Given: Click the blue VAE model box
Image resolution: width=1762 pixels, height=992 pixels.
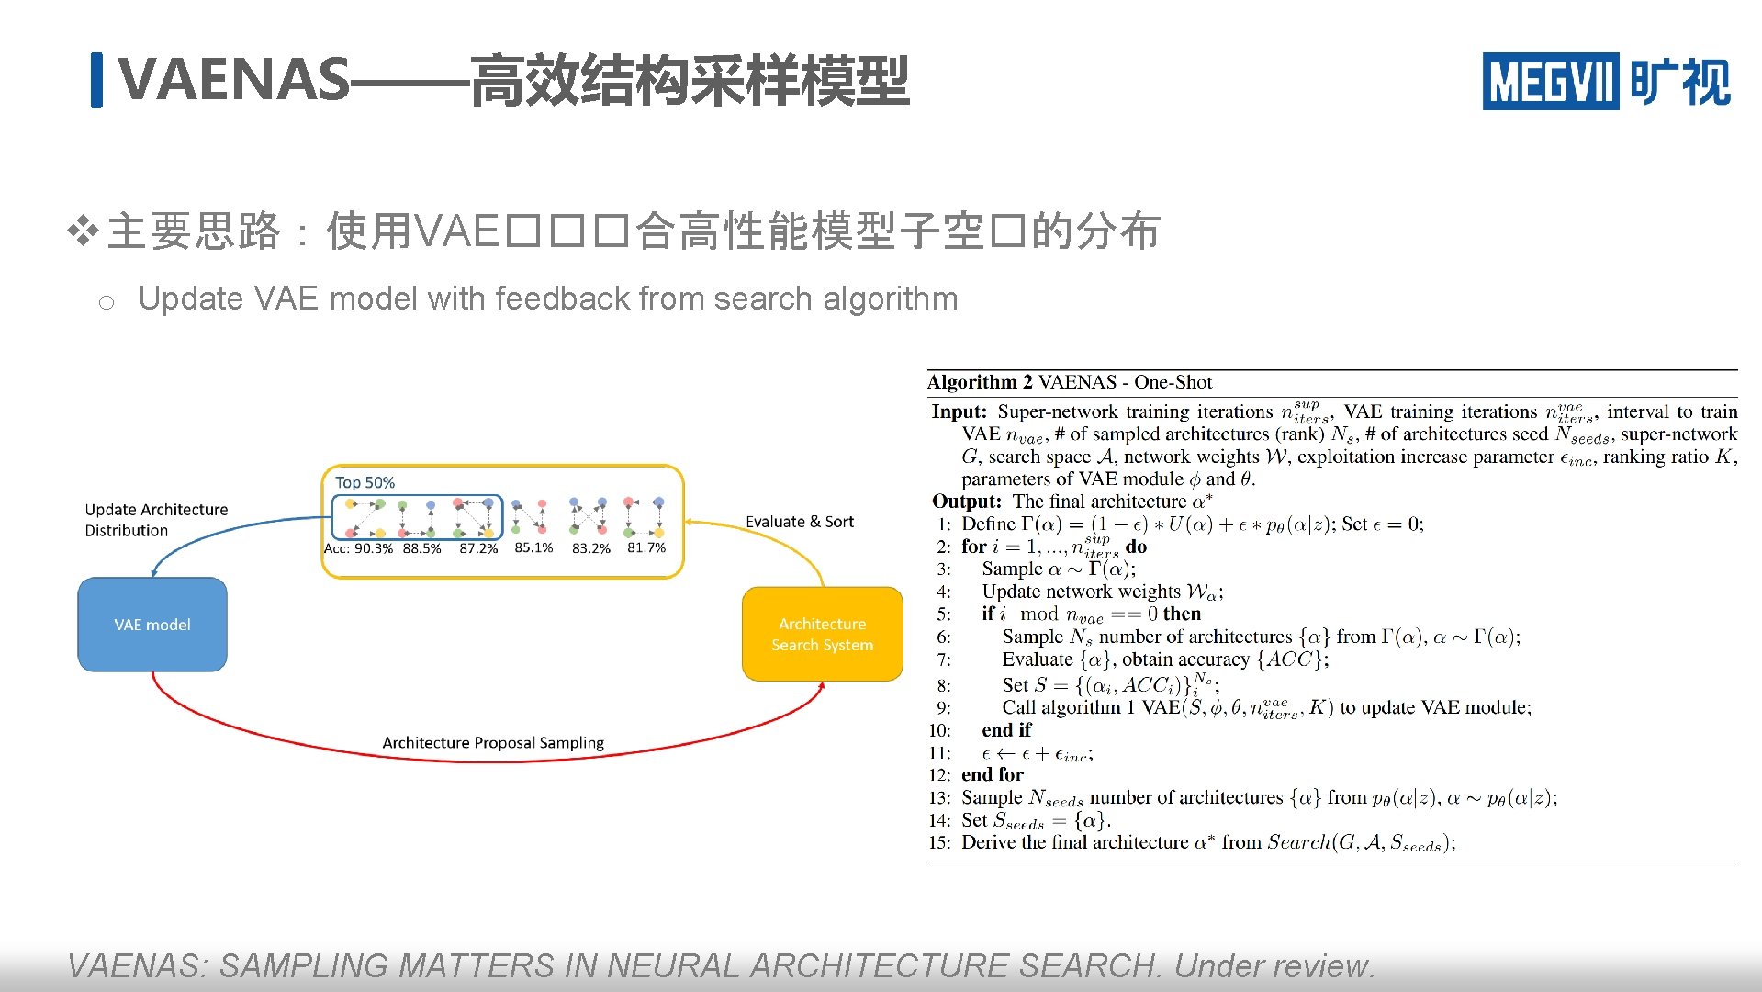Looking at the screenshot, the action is (x=152, y=625).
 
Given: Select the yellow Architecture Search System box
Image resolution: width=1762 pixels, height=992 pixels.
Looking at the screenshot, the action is (x=822, y=634).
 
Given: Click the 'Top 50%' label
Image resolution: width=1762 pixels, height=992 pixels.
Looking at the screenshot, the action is (x=365, y=482).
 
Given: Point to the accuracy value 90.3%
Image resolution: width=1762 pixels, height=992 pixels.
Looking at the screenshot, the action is (x=373, y=548).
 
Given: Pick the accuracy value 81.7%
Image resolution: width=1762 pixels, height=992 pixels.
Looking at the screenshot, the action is (x=646, y=547).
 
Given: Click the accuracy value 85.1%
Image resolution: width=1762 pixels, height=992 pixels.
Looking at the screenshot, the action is (x=533, y=547).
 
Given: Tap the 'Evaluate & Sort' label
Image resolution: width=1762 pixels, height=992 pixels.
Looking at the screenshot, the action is (x=799, y=522).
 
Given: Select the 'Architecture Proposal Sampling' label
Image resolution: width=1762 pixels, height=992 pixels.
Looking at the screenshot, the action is (x=493, y=742).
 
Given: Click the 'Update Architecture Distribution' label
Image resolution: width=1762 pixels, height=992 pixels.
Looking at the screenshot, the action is (x=156, y=520).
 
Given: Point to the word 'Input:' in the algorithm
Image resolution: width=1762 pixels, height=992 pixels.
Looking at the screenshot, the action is (x=959, y=411).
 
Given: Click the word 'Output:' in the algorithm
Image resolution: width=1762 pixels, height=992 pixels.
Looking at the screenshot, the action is (x=966, y=502).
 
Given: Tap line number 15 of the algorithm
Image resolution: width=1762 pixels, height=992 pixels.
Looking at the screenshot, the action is (x=938, y=843).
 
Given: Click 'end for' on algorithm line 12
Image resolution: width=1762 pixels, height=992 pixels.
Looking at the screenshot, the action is (x=992, y=774).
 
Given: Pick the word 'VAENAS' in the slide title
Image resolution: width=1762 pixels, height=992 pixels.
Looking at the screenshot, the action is (x=234, y=80).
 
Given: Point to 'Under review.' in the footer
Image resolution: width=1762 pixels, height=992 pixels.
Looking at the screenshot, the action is (x=1274, y=965).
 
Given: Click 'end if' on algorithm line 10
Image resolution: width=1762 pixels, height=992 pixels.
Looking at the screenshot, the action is (x=1006, y=730).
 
